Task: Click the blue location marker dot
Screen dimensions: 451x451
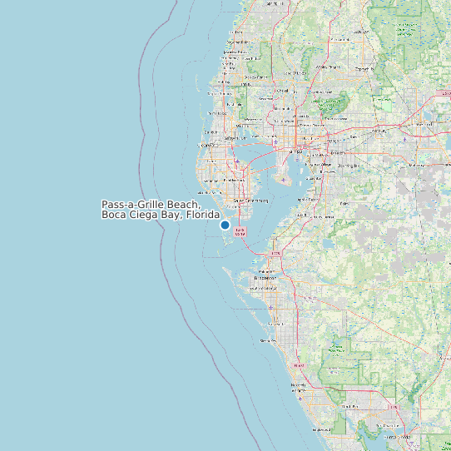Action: point(225,225)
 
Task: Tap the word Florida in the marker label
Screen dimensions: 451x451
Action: point(202,215)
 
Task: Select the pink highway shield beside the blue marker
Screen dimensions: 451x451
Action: point(240,232)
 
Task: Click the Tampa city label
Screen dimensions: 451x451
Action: point(295,152)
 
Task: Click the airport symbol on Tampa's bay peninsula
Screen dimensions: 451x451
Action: point(283,180)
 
